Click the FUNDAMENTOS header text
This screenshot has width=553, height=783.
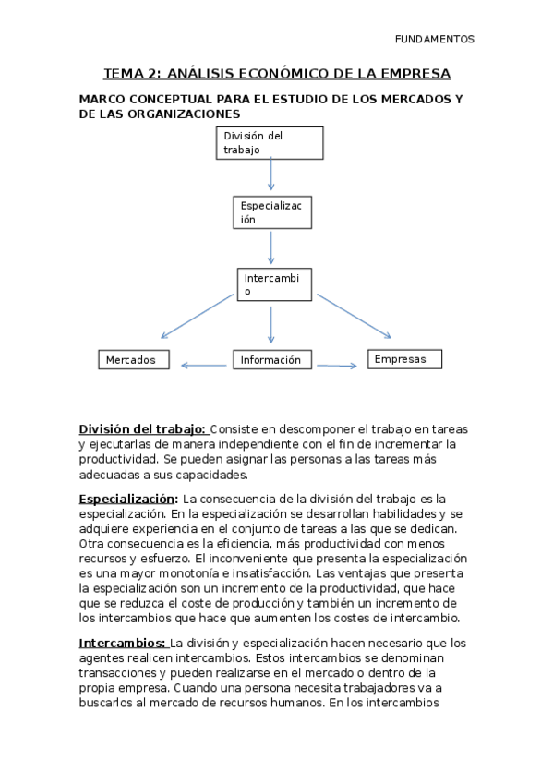pyautogui.click(x=434, y=40)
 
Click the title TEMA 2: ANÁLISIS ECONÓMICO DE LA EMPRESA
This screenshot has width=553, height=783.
pyautogui.click(x=276, y=74)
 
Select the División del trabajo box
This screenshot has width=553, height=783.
pyautogui.click(x=270, y=142)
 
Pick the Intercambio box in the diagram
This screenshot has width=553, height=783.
pyautogui.click(x=271, y=284)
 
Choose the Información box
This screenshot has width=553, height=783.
pyautogui.click(x=270, y=360)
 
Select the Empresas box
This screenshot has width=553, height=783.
pyautogui.click(x=404, y=359)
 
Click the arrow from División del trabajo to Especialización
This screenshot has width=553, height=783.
pyautogui.click(x=271, y=175)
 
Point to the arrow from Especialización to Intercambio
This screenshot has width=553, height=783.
pyautogui.click(x=271, y=247)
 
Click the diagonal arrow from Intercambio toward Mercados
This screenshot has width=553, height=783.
pyautogui.click(x=198, y=316)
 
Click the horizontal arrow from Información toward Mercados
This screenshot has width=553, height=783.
pyautogui.click(x=204, y=366)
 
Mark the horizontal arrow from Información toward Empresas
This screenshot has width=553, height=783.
pyautogui.click(x=336, y=367)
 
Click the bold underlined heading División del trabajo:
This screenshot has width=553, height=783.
pyautogui.click(x=142, y=429)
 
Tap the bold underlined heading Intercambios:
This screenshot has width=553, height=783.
pyautogui.click(x=123, y=643)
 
